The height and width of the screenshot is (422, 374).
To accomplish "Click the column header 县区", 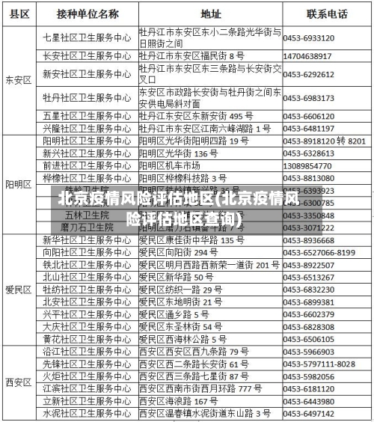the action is coord(19,13).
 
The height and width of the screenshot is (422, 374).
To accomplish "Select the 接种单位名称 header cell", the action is coord(88,13).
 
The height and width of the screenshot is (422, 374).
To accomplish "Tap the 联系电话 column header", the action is coord(327,13).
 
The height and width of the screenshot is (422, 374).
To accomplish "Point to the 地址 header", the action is coord(210,13).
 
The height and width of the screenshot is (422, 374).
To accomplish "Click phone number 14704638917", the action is coord(308,56).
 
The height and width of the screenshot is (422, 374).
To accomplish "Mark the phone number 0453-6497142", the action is coord(308,413).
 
